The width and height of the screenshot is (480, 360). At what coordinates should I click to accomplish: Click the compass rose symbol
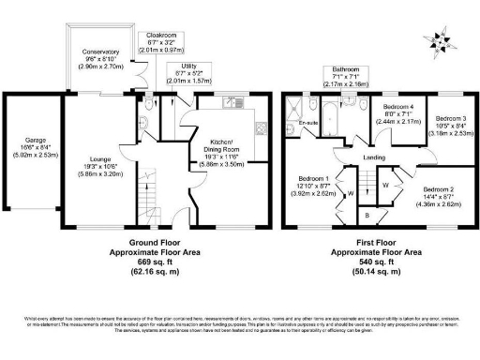tap(438, 39)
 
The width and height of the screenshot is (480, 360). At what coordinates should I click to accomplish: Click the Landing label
tap(374, 157)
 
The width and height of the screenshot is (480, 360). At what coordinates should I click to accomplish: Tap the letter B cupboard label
tap(367, 215)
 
